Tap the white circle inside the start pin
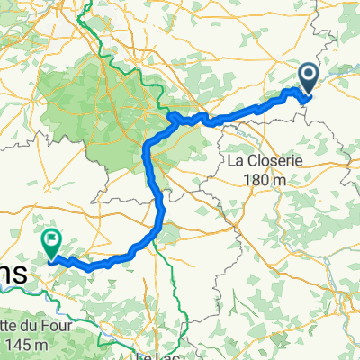click(307, 75)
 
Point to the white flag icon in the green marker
click(51, 240)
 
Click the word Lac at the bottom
click(165, 355)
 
